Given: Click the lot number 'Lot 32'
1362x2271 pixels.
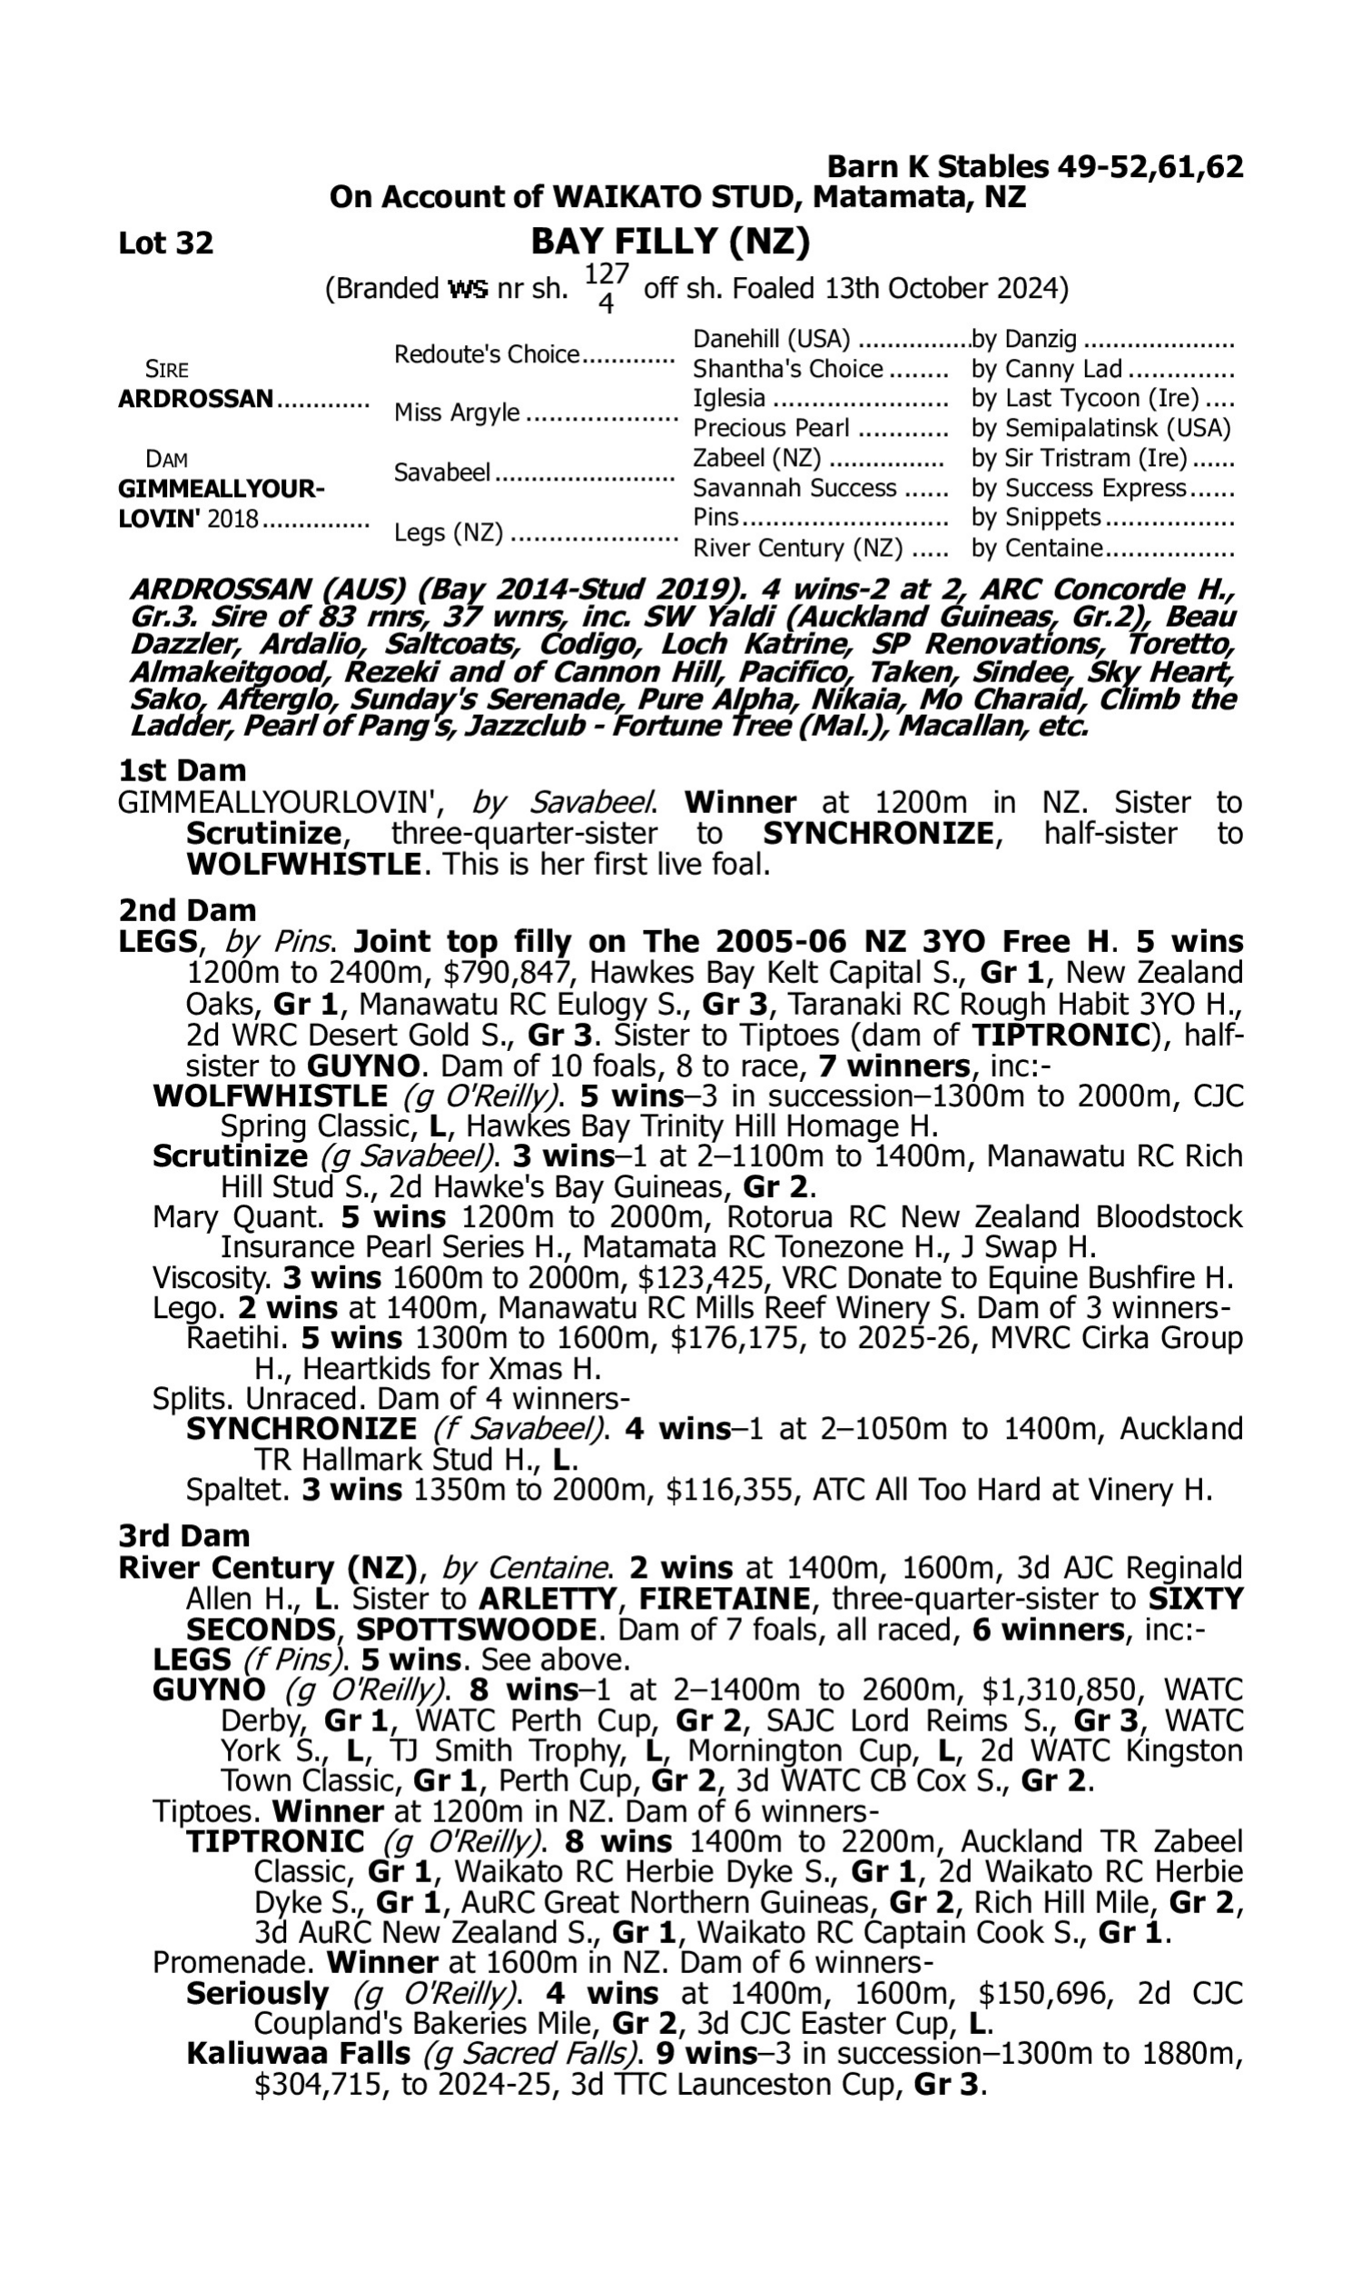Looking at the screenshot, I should (165, 243).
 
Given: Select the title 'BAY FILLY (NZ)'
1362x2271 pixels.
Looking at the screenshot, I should (670, 241).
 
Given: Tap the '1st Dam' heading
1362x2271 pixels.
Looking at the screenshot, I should (182, 770).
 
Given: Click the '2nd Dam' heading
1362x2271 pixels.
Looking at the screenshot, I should (186, 909).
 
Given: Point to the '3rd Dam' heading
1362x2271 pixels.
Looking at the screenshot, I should (183, 1535).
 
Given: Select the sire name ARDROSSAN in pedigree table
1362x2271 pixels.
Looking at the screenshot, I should (195, 399).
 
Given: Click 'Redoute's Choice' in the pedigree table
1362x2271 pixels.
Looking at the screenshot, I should (487, 354).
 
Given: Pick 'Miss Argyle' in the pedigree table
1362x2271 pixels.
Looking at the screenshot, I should (456, 412).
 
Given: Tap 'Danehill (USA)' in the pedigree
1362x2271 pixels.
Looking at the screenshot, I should (771, 340).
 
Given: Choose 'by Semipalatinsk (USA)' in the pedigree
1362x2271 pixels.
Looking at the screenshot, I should (1100, 428).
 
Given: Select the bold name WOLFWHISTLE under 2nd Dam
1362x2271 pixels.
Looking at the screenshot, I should (270, 1096).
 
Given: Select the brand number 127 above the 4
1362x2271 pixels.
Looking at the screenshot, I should (606, 273).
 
